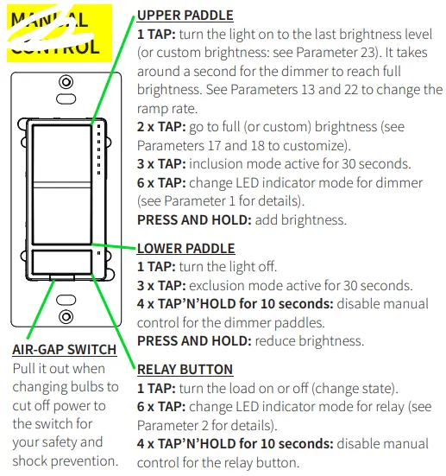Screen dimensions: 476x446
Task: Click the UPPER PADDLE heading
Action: [185, 16]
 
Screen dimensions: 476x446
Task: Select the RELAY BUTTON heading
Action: [185, 370]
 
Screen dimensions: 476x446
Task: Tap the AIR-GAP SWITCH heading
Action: [65, 350]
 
